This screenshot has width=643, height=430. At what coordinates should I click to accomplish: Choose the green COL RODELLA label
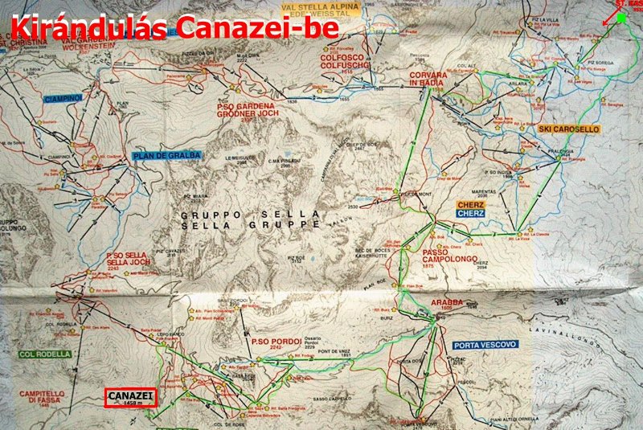tap(44, 354)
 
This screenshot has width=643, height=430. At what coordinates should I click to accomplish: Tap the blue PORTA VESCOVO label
tap(485, 344)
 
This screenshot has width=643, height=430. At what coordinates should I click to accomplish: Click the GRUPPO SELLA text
tap(251, 214)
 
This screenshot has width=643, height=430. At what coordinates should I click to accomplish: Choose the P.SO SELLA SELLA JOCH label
tap(128, 260)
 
